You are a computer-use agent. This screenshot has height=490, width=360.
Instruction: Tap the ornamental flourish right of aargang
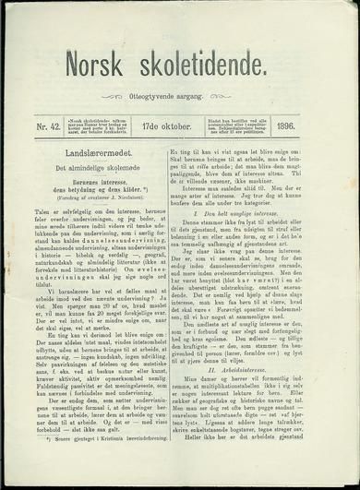coord(237,97)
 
